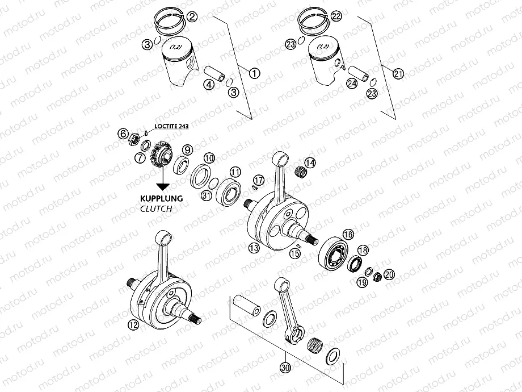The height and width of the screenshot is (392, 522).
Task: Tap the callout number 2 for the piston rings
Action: (x=192, y=17)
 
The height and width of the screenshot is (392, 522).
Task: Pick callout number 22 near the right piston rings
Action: (x=336, y=17)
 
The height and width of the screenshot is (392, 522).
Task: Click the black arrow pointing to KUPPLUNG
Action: (x=163, y=182)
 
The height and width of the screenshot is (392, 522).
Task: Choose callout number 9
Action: (x=187, y=150)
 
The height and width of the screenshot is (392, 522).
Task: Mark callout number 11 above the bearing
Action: (x=235, y=171)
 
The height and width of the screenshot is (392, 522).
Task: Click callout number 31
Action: (x=206, y=195)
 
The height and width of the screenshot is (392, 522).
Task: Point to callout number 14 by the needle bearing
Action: (x=310, y=162)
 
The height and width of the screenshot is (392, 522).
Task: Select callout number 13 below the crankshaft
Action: (x=253, y=247)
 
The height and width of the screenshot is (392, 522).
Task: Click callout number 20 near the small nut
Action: (x=389, y=274)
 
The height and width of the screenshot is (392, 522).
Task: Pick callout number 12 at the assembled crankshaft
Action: (x=133, y=326)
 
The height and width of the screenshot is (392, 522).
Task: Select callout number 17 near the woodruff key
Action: (x=258, y=180)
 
